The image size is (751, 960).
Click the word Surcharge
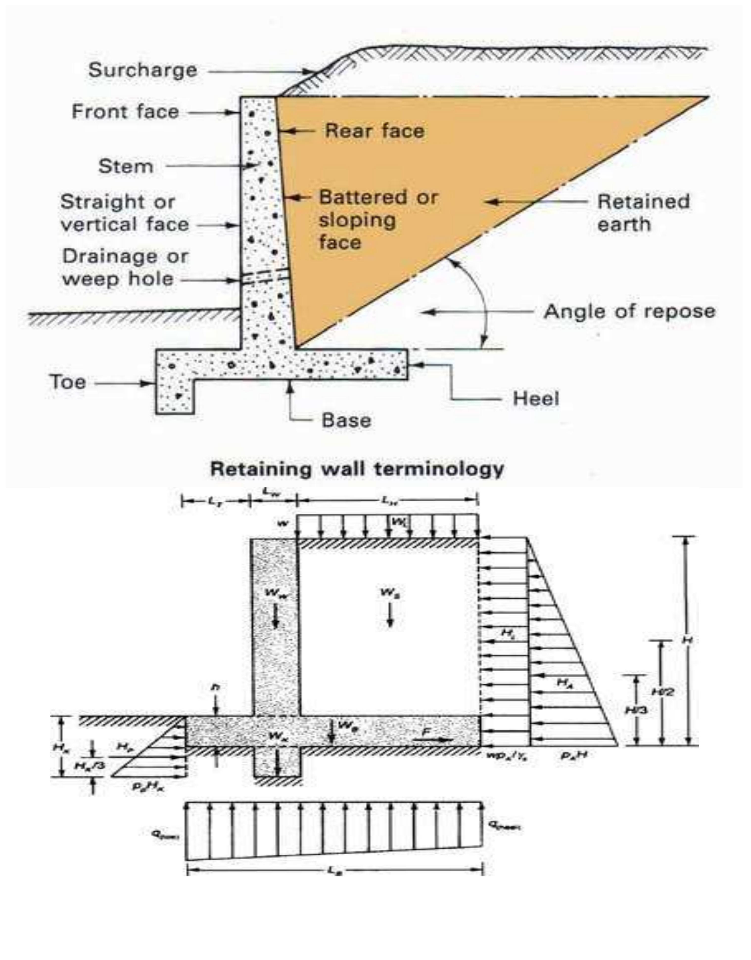142,70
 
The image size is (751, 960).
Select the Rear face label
375,131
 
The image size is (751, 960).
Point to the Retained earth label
643,213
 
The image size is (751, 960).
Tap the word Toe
67,382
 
